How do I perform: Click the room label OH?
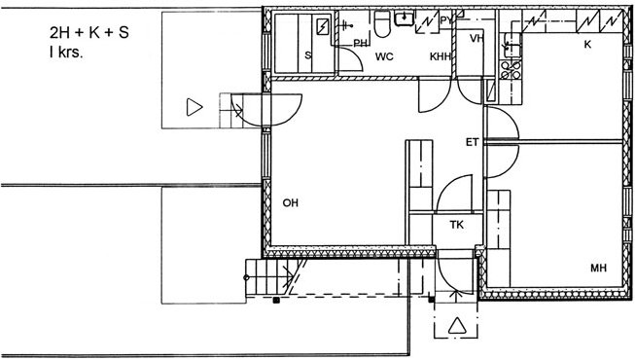(291, 202)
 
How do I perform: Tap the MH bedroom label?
(598, 268)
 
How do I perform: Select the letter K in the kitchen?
(587, 44)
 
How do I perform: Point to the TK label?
(456, 224)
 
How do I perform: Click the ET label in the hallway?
(473, 142)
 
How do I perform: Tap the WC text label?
(384, 56)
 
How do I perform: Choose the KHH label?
(440, 56)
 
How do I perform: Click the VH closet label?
(477, 38)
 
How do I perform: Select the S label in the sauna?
(308, 55)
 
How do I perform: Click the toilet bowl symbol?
(382, 24)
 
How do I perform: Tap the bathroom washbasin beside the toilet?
(405, 18)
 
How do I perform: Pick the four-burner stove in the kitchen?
(511, 70)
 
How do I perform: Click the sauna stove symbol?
(323, 26)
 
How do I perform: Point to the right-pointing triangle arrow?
(194, 107)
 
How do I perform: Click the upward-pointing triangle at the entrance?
(457, 326)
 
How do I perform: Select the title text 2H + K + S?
(89, 32)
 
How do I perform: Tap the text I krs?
(66, 53)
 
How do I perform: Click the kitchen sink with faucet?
(512, 46)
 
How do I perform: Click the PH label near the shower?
(360, 43)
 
